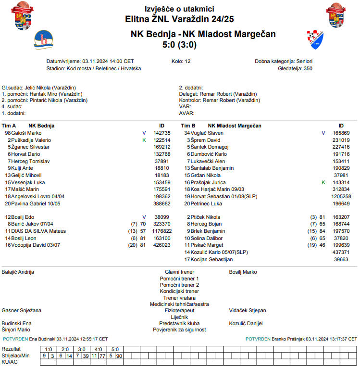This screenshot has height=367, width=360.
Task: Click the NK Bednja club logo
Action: [x=44, y=39]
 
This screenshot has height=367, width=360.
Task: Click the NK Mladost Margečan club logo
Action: [x=315, y=39]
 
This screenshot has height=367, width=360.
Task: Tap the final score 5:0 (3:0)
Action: [x=179, y=45]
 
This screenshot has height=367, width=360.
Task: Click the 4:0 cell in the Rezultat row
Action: [x=98, y=349]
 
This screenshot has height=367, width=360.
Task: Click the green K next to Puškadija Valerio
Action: [x=144, y=140]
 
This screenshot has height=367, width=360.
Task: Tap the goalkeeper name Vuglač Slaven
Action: [x=207, y=133]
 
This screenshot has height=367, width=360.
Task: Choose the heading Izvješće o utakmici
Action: [x=179, y=9]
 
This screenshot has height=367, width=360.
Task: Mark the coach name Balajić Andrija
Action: [x=18, y=272]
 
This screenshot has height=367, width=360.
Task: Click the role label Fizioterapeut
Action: [x=179, y=311]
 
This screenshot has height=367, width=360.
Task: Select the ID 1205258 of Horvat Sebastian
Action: [x=341, y=197]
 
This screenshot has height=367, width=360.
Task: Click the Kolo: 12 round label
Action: [x=181, y=62]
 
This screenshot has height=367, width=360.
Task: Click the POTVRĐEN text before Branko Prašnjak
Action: [x=258, y=339]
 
